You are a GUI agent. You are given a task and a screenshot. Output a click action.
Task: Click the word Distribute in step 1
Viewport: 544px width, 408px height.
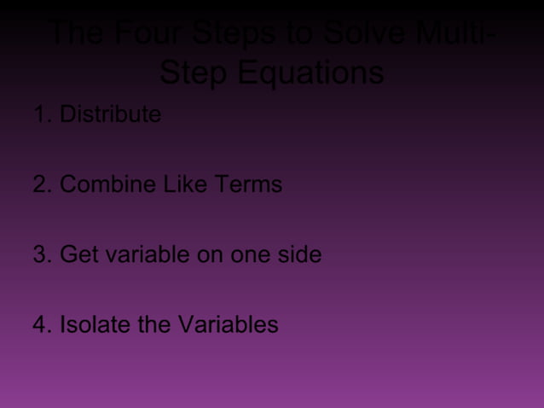pos(110,114)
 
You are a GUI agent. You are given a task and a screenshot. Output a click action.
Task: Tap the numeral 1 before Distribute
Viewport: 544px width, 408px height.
pos(39,114)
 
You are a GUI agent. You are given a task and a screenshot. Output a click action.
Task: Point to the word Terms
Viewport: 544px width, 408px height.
pos(246,184)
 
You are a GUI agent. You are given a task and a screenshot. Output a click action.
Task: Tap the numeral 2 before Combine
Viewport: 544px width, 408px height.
pos(39,184)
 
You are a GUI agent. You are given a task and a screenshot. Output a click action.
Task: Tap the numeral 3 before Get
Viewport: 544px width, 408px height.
pos(39,255)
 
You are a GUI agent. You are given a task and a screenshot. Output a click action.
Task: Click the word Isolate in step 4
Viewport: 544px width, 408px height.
pos(94,325)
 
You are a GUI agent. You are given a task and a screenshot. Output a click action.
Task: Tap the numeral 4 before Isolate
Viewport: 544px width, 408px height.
pos(39,325)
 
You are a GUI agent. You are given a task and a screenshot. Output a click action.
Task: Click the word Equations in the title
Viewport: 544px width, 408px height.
pos(310,73)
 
